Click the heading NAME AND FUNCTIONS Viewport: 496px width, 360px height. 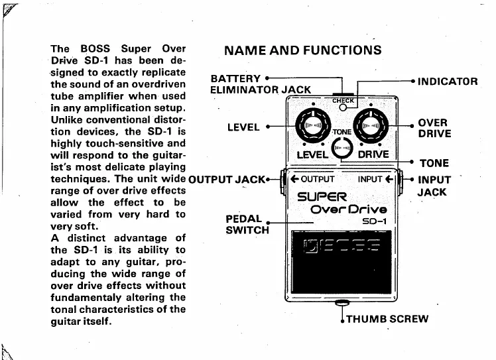coord(303,50)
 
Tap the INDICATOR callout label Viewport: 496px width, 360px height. coord(448,82)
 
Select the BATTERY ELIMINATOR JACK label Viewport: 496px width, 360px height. coord(259,83)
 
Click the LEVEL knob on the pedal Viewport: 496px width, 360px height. coord(312,125)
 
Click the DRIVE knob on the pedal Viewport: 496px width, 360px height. coord(369,125)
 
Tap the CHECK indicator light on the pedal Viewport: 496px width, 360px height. coord(342,107)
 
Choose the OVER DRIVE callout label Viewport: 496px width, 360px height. coord(434,128)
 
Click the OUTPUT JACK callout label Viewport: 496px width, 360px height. coord(227,179)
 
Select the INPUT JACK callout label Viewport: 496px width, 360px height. coord(434,186)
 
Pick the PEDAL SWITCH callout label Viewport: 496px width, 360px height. coord(247,224)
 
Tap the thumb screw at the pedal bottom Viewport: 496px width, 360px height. coord(343,303)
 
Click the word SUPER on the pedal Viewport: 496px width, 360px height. coord(322,196)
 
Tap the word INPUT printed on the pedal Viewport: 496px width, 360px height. coord(370,179)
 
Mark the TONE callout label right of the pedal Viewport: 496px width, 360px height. coord(434,163)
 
